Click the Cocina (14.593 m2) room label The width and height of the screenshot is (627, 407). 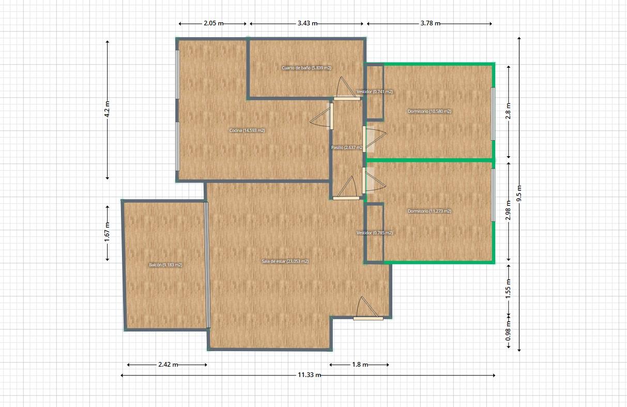click(x=247, y=130)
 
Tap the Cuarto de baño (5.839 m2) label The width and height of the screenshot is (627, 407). click(x=307, y=68)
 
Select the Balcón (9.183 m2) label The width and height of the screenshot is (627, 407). click(x=165, y=265)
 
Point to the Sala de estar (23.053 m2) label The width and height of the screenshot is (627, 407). click(x=285, y=261)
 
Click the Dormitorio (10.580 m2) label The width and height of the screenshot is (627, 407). click(x=429, y=111)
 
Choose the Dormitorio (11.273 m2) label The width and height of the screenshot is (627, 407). click(x=429, y=211)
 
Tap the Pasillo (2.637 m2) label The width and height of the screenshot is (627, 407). click(x=347, y=147)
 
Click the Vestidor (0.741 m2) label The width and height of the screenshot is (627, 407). click(x=375, y=92)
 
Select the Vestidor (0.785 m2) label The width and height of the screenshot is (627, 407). click(x=375, y=233)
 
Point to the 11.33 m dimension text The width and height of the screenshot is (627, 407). click(x=309, y=375)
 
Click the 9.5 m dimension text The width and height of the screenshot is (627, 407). click(x=519, y=193)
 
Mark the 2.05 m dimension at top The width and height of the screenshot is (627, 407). click(x=213, y=23)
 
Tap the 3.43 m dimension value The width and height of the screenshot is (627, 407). click(x=308, y=23)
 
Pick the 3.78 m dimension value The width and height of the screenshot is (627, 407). click(x=430, y=23)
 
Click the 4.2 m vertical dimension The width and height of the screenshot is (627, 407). click(x=107, y=109)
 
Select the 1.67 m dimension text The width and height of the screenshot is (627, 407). click(x=107, y=232)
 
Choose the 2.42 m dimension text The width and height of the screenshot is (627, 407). click(x=168, y=365)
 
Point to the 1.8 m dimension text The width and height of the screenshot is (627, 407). click(x=360, y=365)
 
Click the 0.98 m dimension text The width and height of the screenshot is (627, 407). click(x=508, y=331)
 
